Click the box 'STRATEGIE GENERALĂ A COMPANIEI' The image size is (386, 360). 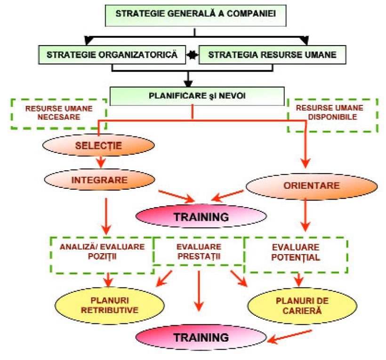pyautogui.click(x=195, y=13)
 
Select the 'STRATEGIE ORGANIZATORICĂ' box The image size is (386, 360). pyautogui.click(x=112, y=55)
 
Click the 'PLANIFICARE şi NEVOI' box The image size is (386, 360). pyautogui.click(x=197, y=96)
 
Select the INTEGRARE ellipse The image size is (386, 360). pyautogui.click(x=100, y=179)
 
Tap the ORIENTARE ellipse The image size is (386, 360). pyautogui.click(x=311, y=185)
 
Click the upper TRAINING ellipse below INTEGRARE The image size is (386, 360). pyautogui.click(x=201, y=217)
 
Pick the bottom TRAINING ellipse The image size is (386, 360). pyautogui.click(x=201, y=337)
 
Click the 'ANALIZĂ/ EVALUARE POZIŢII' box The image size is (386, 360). pyautogui.click(x=102, y=255)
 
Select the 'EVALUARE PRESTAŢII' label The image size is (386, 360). pyautogui.click(x=198, y=250)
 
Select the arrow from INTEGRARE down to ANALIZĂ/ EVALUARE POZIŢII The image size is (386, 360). pyautogui.click(x=106, y=216)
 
